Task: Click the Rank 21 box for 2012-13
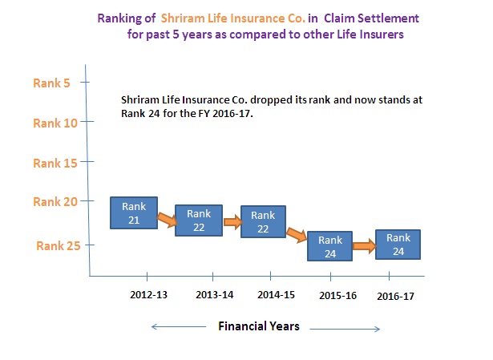pos(134,212)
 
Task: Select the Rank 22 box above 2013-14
pos(199,220)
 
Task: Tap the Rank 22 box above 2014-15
pos(263,221)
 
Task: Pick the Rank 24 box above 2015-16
pos(329,246)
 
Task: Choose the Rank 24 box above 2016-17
pos(398,245)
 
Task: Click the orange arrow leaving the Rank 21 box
pos(168,220)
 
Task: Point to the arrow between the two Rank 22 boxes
pos(232,222)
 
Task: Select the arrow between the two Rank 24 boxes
pos(364,246)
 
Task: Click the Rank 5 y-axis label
pos(51,83)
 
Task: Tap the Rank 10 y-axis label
pos(55,123)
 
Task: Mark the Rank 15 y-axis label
pos(55,164)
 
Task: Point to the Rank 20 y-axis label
pos(55,202)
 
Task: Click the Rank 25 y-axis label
pos(59,246)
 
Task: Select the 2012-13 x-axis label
pos(149,295)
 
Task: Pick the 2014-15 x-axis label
pos(276,295)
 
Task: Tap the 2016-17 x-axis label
pos(395,296)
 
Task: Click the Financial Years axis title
pos(259,326)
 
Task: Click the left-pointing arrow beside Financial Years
pos(179,327)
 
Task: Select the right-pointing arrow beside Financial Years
pos(345,330)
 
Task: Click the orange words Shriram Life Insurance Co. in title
pos(233,18)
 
